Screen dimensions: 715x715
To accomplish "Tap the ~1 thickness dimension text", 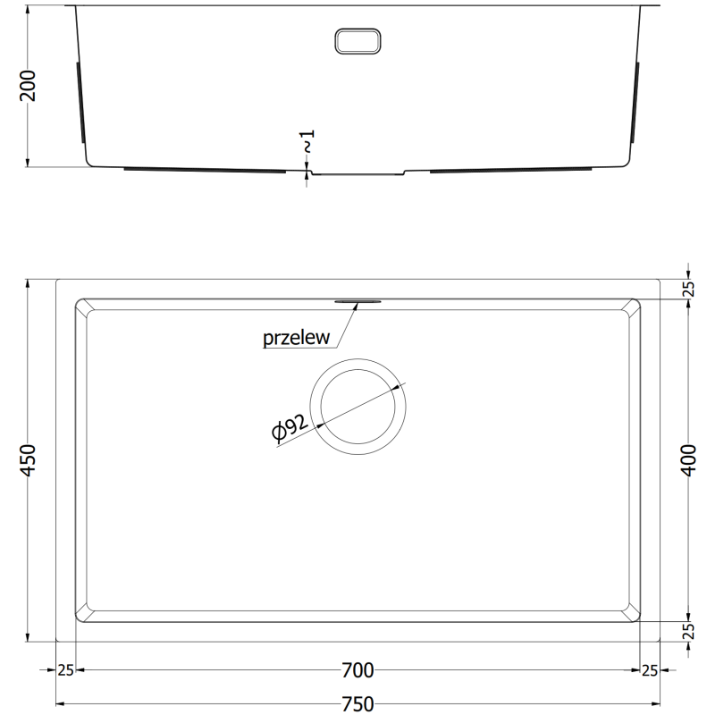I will tap(307, 141).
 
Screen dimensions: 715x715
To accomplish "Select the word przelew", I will tap(297, 338).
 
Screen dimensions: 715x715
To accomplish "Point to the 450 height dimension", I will tap(29, 460).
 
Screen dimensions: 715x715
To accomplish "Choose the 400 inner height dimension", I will tap(688, 460).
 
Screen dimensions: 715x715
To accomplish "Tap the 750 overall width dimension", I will tap(357, 703).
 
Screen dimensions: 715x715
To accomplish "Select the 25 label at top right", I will tap(688, 289).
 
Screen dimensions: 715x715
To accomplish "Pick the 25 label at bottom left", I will tap(65, 670).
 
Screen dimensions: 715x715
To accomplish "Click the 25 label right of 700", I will tap(650, 670).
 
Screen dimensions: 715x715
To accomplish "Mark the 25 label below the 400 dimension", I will tap(688, 631).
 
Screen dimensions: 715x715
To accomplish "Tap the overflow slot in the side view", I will tap(357, 40).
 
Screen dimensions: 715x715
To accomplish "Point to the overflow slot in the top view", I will tap(359, 301).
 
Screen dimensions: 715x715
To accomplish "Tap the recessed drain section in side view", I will tap(357, 172).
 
